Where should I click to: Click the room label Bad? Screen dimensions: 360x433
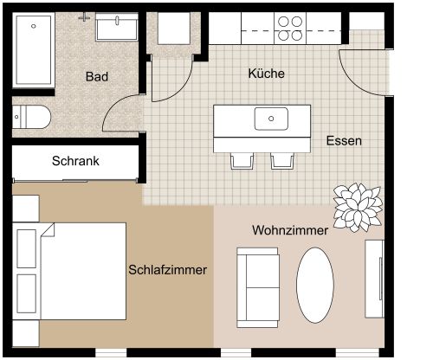(97, 76)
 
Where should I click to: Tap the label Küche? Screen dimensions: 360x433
(266, 74)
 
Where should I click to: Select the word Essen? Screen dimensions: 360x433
(344, 140)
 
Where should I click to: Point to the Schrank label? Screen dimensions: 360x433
(76, 161)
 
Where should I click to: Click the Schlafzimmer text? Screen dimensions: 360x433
(167, 270)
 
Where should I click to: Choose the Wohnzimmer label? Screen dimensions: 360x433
(289, 231)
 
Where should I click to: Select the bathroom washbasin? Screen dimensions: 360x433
(116, 29)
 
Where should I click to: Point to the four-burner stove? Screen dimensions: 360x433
(289, 27)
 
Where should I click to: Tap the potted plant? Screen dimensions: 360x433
(357, 206)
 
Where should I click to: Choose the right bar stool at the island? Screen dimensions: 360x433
(282, 159)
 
